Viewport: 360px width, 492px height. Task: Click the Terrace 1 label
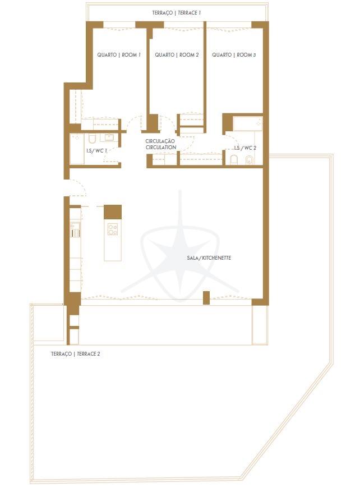(176, 13)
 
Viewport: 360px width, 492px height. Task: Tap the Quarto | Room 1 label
(119, 55)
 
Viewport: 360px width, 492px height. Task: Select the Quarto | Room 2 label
(177, 55)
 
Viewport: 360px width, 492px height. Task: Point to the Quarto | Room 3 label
(234, 55)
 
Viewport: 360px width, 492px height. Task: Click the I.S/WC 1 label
(96, 151)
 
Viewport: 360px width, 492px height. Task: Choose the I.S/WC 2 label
(245, 148)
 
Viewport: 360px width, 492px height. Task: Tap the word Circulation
(161, 147)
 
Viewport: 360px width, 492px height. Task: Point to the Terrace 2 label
(76, 353)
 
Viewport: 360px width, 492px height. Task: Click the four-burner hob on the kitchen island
(113, 229)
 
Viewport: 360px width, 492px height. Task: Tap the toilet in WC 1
(92, 139)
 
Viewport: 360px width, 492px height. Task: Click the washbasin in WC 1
(109, 137)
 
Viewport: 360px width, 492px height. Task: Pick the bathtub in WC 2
(247, 124)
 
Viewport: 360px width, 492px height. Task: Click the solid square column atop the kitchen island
(113, 212)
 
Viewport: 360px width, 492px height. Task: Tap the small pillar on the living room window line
(206, 298)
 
